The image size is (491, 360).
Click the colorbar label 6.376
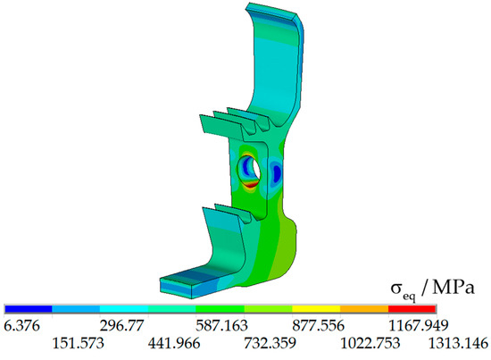(22, 326)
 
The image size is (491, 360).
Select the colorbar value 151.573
(78, 343)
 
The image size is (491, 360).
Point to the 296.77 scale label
(122, 326)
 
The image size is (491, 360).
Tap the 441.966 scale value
(174, 343)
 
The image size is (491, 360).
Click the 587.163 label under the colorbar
(221, 326)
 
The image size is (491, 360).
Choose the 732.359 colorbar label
(270, 343)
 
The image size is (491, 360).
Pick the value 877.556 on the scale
(318, 326)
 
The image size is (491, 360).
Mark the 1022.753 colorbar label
(370, 343)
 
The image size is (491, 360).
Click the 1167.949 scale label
(419, 326)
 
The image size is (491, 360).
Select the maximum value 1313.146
(458, 343)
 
